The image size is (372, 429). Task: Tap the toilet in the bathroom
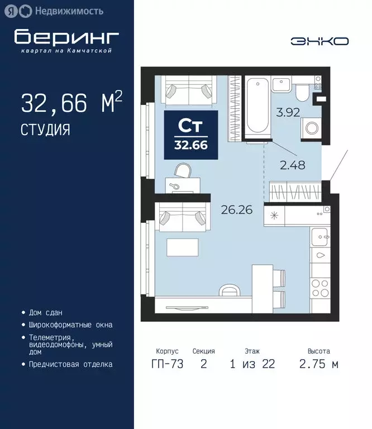[x=302, y=89]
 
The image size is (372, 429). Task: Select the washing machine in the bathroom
[x=311, y=127]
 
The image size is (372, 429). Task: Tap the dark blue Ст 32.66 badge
[x=190, y=134]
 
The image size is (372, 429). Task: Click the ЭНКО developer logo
[x=319, y=41]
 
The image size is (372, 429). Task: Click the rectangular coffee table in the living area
[x=183, y=249]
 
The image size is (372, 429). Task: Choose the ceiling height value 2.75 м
[x=319, y=364]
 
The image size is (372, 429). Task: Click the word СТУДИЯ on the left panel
[x=45, y=130]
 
